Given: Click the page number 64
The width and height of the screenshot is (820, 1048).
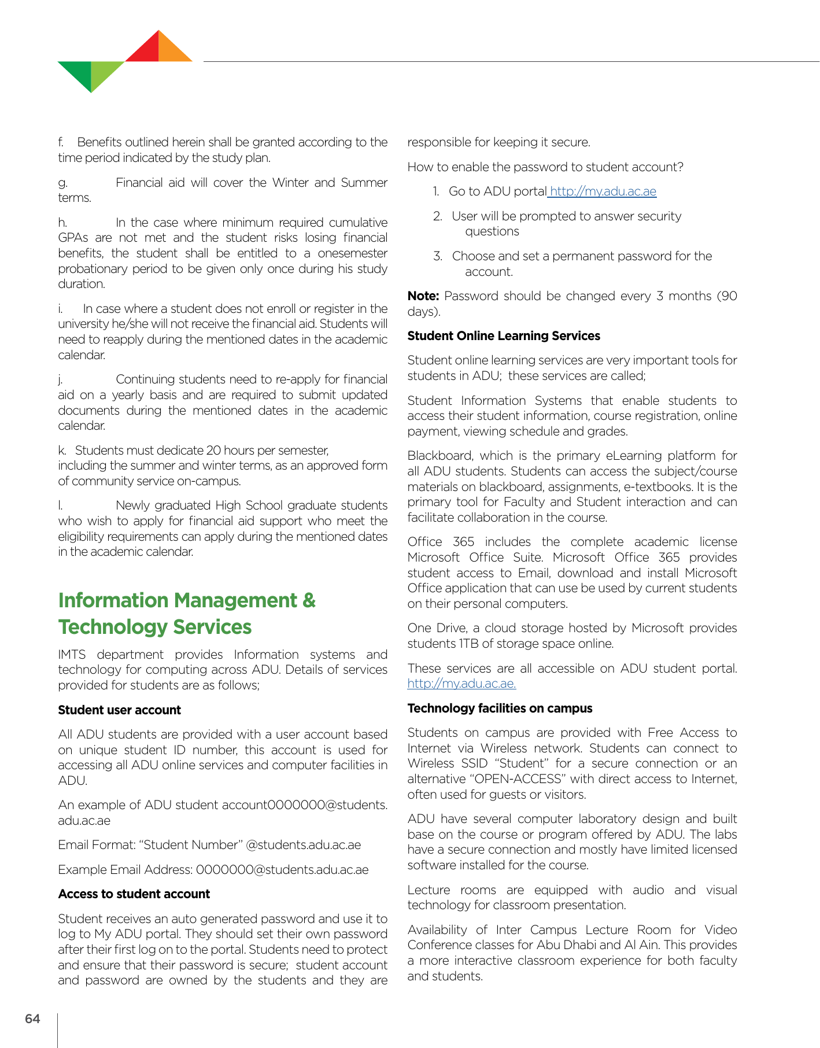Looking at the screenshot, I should click(32, 1019).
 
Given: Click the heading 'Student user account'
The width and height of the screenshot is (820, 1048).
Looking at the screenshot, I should click(119, 710).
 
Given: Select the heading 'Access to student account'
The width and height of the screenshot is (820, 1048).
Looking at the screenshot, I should click(134, 894).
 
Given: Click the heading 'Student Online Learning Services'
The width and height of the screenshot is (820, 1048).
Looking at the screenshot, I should click(504, 335).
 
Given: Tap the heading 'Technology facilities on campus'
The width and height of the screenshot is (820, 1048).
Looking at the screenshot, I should click(500, 708).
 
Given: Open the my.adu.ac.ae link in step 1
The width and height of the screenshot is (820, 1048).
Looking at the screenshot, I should click(603, 191).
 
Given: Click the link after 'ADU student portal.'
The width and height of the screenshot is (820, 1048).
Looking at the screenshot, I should click(461, 684).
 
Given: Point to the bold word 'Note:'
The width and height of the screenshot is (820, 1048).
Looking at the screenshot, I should click(423, 296).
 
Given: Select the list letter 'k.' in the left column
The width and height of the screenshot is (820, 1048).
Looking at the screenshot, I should click(62, 451).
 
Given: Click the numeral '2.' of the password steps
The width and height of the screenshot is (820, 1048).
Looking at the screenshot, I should click(438, 216).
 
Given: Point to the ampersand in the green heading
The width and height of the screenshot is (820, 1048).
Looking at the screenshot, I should click(309, 600).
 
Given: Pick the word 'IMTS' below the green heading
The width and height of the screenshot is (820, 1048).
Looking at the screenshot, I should click(72, 655).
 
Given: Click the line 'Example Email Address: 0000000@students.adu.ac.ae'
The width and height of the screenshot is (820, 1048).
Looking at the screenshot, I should click(213, 869).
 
